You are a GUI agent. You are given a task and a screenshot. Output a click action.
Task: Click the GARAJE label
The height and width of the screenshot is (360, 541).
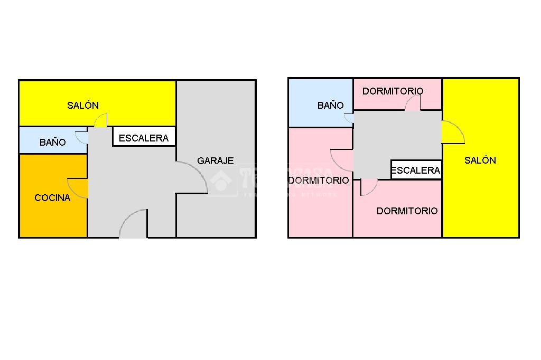pos(215,161)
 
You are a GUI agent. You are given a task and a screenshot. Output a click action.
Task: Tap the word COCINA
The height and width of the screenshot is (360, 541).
pos(52,198)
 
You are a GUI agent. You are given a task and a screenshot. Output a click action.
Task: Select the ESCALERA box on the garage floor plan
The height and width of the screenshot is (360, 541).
pos(144,138)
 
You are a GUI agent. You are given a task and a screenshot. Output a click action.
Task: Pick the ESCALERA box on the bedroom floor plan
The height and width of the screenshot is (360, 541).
pos(416,170)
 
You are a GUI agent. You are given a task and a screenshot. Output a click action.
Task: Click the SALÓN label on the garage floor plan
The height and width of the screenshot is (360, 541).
pos(83,105)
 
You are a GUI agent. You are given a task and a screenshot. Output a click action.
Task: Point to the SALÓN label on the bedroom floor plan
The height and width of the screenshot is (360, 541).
pos(480,160)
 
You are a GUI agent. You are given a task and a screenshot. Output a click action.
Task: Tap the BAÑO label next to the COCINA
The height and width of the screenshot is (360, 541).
pos(53,142)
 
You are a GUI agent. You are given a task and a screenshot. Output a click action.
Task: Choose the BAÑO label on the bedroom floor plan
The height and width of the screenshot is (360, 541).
pos(330,105)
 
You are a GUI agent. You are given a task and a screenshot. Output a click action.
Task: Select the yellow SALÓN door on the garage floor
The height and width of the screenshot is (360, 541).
pos(101,121)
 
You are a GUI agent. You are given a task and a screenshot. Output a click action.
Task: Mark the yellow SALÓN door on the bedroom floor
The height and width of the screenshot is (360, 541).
pos(452,133)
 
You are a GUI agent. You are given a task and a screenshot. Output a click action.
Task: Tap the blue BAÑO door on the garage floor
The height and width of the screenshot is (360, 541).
pos(82,137)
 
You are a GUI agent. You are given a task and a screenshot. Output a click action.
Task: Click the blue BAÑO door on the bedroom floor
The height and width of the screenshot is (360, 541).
pos(348,119)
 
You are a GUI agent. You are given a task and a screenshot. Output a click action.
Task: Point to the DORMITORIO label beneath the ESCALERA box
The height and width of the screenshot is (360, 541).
pos(407,211)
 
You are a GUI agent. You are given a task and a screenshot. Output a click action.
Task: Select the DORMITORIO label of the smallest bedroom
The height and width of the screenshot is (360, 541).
pos(393,91)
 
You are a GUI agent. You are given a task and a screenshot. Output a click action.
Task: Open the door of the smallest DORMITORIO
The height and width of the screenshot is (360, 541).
pos(413,104)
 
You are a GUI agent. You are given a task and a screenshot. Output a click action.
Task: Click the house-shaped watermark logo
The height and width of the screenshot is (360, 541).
pos(221,181)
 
